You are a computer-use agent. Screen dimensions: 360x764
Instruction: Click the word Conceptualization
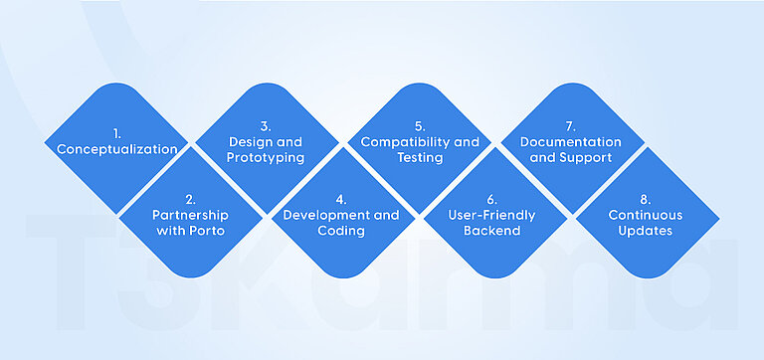[x=116, y=149]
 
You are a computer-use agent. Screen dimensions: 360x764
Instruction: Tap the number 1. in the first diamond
[x=116, y=133]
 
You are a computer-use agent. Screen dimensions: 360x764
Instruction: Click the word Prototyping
[x=265, y=158]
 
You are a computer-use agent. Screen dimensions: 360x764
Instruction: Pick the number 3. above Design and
[x=266, y=126]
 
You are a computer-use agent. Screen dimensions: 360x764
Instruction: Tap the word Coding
[x=341, y=231]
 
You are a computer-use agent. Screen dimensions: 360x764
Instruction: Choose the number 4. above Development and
[x=341, y=199]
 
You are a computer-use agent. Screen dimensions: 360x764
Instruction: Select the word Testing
[x=420, y=158]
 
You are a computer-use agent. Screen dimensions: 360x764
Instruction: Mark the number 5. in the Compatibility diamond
[x=420, y=126]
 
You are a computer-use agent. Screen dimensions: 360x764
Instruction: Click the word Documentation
[x=570, y=142]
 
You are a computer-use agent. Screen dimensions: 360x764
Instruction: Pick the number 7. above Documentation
[x=570, y=126]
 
